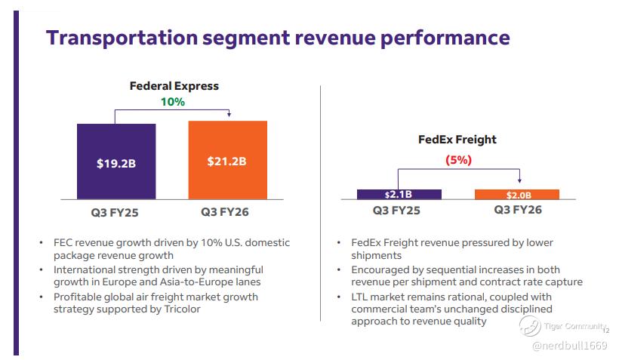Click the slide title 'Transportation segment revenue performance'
point(278,38)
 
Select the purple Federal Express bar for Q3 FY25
point(116,162)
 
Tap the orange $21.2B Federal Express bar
point(227,160)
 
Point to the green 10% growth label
point(172,102)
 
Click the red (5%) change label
point(457,160)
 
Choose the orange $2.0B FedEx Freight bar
point(517,195)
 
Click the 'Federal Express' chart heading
point(174,86)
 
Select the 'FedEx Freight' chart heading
point(457,140)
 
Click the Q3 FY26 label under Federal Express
point(225,212)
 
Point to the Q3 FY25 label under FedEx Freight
point(396,210)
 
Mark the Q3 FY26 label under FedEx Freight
point(518,210)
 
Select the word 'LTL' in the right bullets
point(364,297)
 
